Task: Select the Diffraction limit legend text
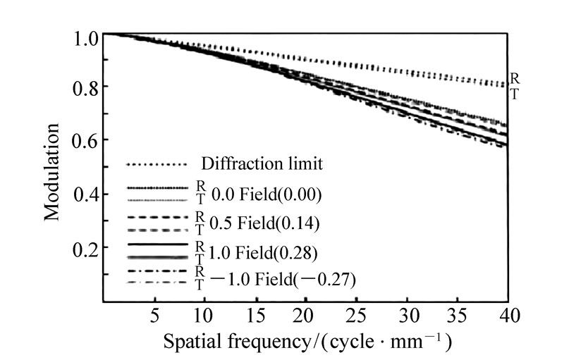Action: point(262,165)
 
